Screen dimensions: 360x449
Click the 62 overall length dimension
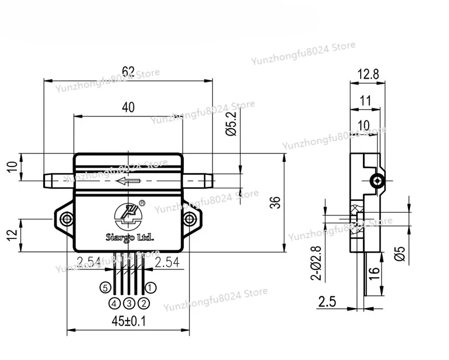[x=128, y=72]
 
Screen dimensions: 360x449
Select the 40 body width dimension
[x=128, y=109]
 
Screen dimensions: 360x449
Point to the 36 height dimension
[x=275, y=202]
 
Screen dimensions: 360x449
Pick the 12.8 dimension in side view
[x=368, y=74]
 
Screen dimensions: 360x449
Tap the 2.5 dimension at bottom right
[x=328, y=301]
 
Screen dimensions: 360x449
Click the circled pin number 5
[x=104, y=287]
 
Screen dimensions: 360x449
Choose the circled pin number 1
[x=151, y=287]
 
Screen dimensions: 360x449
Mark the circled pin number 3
[x=129, y=303]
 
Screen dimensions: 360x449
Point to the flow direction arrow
[x=128, y=181]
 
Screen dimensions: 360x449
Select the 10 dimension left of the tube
[x=12, y=167]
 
